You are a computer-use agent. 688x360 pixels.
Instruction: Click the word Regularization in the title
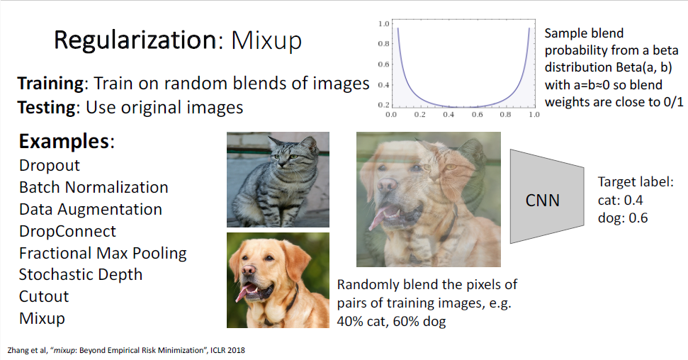coord(135,40)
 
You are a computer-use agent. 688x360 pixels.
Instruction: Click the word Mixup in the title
coord(266,41)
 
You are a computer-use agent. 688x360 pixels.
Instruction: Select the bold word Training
coord(50,84)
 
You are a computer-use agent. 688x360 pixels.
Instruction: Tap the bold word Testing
coord(47,108)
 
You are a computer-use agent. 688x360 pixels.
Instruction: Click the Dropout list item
coord(50,166)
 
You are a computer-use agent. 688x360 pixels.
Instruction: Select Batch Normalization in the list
coord(94,188)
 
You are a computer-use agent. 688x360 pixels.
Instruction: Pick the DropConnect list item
coord(67,231)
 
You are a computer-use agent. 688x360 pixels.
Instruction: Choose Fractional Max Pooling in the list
coord(103,253)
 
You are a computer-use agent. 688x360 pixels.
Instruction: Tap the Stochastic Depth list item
coord(81,275)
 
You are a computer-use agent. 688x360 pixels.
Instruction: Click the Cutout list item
coord(44,297)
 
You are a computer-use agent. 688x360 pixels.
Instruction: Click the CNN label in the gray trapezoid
coord(542,201)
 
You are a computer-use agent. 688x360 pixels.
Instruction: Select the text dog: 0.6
coord(623,218)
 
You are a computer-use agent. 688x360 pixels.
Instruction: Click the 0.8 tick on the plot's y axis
coord(383,43)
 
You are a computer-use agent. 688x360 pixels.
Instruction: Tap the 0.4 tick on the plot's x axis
coord(449,115)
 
